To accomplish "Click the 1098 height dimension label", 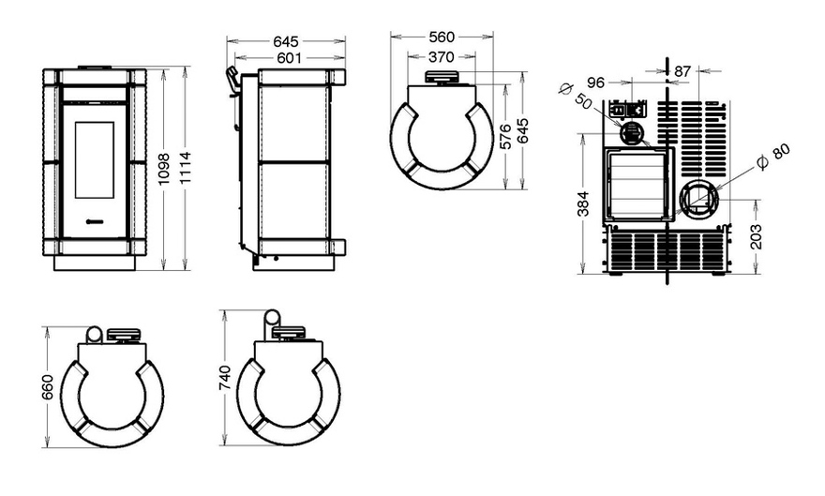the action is [x=164, y=169].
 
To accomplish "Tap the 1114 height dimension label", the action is [x=185, y=168].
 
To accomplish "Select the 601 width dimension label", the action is [x=289, y=58].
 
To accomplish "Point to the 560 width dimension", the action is [x=442, y=38].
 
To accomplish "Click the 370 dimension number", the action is [x=441, y=57].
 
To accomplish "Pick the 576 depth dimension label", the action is [x=505, y=137].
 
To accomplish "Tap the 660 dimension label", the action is [x=48, y=387].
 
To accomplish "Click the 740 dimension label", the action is [x=224, y=378].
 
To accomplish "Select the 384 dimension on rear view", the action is [x=583, y=204].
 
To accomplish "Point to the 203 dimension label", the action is [x=756, y=236].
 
